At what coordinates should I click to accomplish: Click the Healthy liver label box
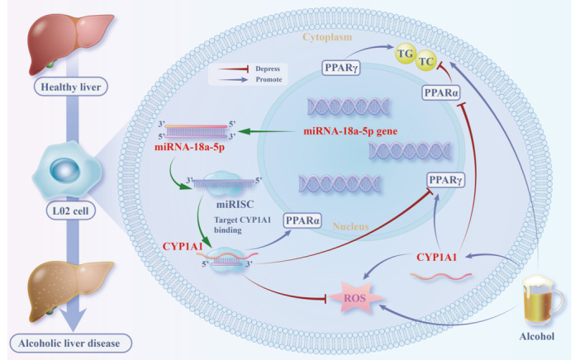[71, 88]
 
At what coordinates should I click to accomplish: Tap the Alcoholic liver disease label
[69, 343]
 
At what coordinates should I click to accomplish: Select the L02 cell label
[71, 211]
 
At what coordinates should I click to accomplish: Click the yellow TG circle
[406, 54]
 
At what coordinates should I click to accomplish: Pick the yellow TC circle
[425, 60]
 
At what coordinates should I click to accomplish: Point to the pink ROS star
[354, 297]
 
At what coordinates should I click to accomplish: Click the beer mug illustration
[542, 301]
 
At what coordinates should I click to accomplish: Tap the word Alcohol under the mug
[537, 336]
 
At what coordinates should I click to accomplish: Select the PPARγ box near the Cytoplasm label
[340, 68]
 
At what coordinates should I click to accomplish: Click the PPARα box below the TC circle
[441, 92]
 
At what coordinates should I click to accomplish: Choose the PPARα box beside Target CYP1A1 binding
[302, 220]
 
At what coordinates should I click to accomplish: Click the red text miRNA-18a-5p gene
[350, 130]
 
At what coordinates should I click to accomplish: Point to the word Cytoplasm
[327, 37]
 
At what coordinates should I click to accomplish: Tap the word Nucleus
[350, 226]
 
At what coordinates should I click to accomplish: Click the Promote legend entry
[250, 79]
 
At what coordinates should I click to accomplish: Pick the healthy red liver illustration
[70, 42]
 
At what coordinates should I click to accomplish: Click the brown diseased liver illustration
[70, 289]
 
